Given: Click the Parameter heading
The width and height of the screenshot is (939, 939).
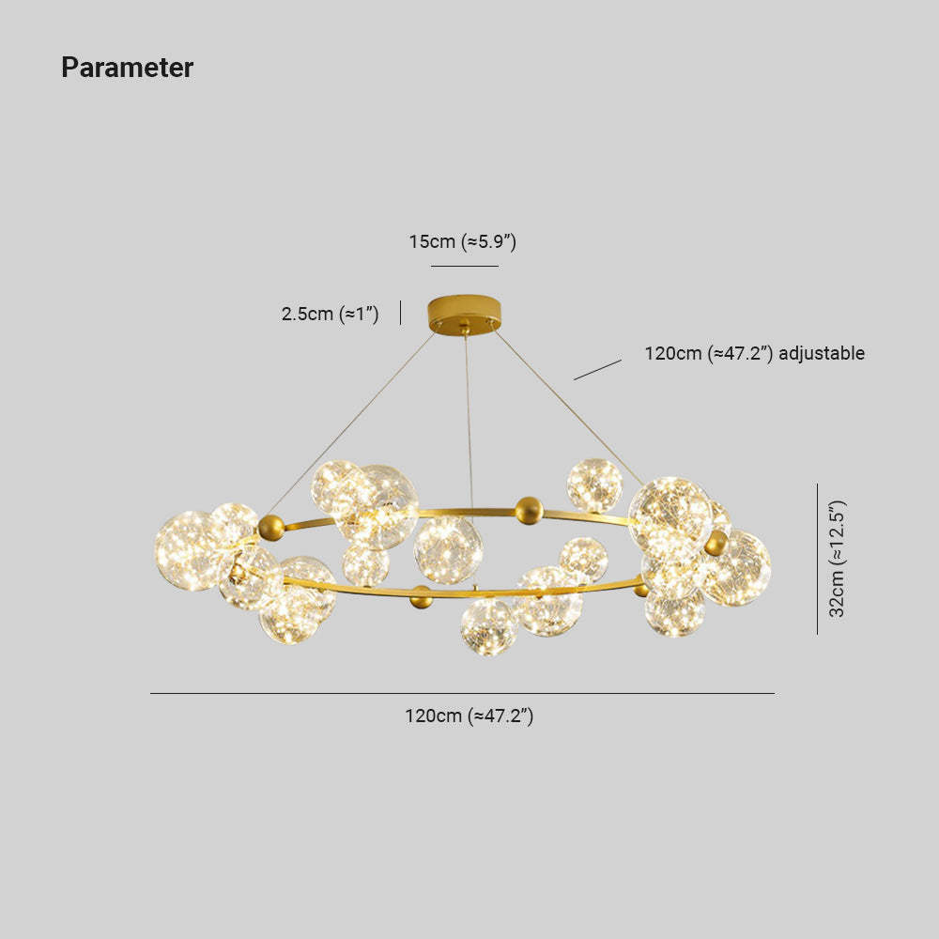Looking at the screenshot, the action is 127,67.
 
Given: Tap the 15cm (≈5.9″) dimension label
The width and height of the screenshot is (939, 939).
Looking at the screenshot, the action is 462,241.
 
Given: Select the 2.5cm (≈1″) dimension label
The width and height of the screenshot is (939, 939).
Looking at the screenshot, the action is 330,314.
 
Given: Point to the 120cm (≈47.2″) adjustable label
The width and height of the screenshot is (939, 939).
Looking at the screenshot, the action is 755,353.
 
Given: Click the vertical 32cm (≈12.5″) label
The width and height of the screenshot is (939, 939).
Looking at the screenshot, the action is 837,558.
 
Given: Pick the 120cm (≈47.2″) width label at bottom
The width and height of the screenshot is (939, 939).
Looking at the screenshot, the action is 469,716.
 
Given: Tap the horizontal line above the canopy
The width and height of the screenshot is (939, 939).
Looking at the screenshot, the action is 465,266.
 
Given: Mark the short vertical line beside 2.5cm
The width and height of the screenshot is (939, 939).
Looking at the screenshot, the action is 400,313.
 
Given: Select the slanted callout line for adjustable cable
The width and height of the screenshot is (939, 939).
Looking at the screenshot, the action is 597,369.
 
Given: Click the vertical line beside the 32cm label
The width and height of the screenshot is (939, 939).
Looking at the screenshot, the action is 818,559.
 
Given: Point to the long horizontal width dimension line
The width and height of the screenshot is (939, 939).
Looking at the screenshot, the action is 462,694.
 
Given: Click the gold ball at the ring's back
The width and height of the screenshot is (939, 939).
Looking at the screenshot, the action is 530,510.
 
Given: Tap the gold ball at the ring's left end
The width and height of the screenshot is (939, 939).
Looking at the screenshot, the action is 271,528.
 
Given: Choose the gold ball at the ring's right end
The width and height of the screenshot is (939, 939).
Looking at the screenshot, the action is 716,543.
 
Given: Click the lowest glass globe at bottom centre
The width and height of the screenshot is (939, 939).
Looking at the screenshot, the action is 488,627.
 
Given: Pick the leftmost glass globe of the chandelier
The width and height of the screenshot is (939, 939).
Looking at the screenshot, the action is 188,550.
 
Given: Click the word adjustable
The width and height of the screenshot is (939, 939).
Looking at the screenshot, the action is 822,353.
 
